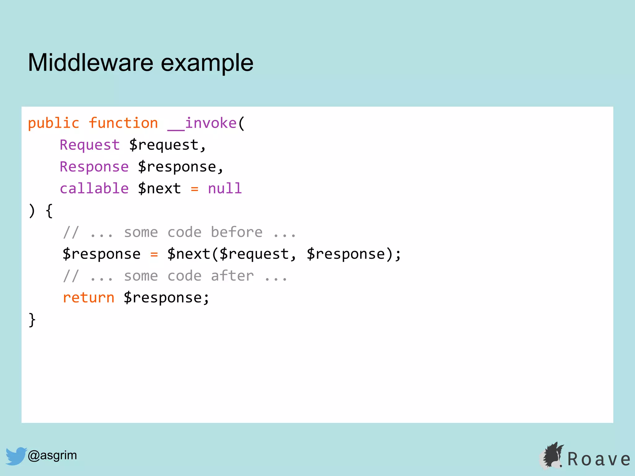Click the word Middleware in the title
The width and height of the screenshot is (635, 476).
click(91, 63)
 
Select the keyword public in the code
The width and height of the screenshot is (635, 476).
click(54, 124)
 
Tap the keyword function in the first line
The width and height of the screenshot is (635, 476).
click(123, 123)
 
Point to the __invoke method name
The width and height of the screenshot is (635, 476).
click(202, 123)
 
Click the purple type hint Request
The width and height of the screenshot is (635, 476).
click(90, 145)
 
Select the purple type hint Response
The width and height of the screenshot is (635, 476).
click(94, 167)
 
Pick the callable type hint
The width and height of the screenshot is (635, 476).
click(94, 188)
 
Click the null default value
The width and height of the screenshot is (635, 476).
click(225, 188)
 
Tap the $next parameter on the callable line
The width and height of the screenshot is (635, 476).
click(159, 188)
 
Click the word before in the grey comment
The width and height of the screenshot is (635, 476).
click(237, 232)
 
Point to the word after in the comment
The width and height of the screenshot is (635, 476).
click(232, 276)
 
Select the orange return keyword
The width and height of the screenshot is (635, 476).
click(89, 298)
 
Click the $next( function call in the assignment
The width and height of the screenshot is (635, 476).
click(189, 254)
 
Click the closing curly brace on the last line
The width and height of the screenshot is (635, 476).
click(32, 320)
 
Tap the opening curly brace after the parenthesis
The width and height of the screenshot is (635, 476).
click(49, 211)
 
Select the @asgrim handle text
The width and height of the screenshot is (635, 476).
click(52, 455)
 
